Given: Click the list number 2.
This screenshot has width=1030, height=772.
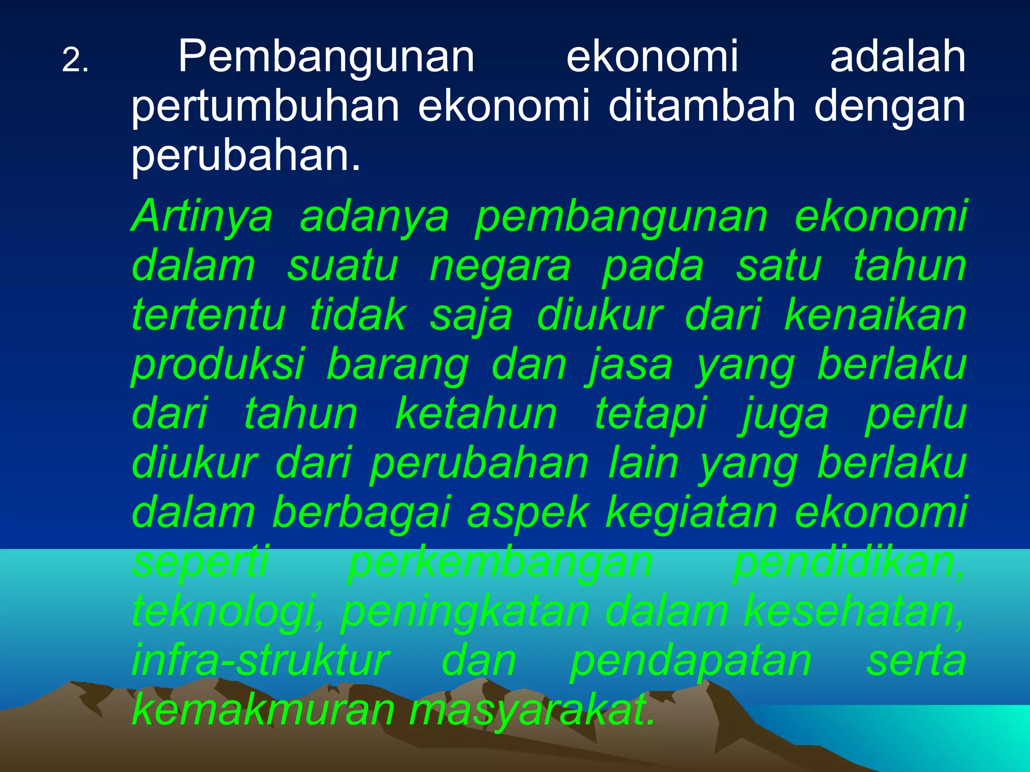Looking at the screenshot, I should coord(75,62).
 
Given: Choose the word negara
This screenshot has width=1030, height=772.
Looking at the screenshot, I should coord(500,267).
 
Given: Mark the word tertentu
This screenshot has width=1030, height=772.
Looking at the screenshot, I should coord(209,316).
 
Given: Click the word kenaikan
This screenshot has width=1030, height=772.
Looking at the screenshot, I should coord(875,315).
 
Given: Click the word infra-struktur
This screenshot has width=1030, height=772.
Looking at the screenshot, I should coord(261,661).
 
